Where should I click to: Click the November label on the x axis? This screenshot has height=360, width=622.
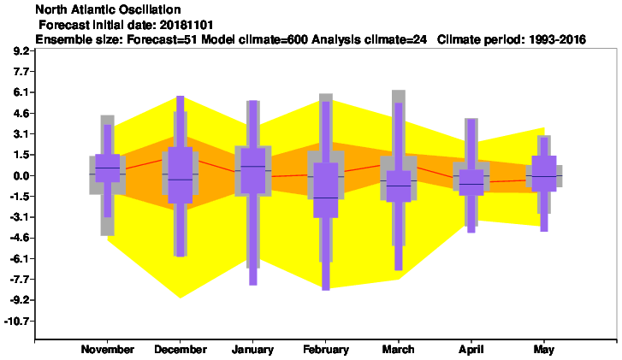pos(108,349)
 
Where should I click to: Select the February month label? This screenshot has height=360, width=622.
pos(326,350)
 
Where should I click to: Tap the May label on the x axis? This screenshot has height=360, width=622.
pos(544,350)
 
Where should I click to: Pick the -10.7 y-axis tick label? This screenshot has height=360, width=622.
pos(18,321)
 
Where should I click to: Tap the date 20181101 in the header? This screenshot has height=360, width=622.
pos(186,25)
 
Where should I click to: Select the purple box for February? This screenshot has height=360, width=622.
pos(326,190)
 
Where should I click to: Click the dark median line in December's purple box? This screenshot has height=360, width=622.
pos(180,180)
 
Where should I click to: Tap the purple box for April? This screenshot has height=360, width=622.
pos(471,182)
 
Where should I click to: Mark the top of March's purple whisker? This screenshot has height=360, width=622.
pos(399,103)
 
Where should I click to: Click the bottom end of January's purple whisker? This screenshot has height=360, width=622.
pos(252,285)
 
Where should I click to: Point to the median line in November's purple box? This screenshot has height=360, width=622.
pos(108,168)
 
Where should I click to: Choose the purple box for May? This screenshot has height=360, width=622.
pos(544,174)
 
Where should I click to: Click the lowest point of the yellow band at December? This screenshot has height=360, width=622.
pos(180,298)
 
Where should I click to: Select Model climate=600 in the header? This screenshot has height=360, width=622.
pos(254,39)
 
